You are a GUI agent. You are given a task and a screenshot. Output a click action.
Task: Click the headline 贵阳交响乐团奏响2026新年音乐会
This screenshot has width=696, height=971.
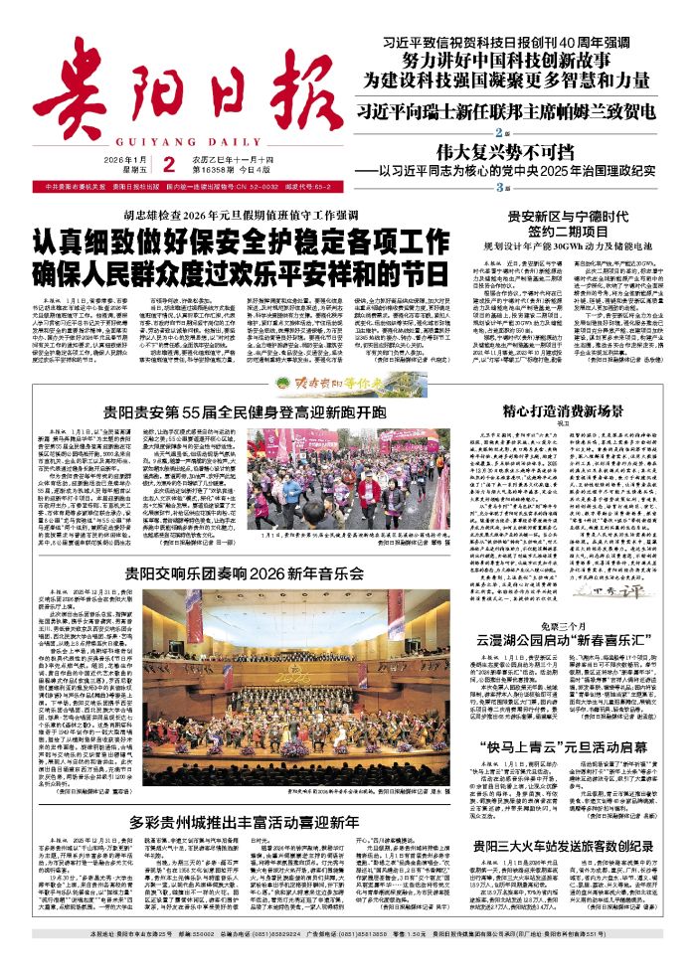tap(244, 574)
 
